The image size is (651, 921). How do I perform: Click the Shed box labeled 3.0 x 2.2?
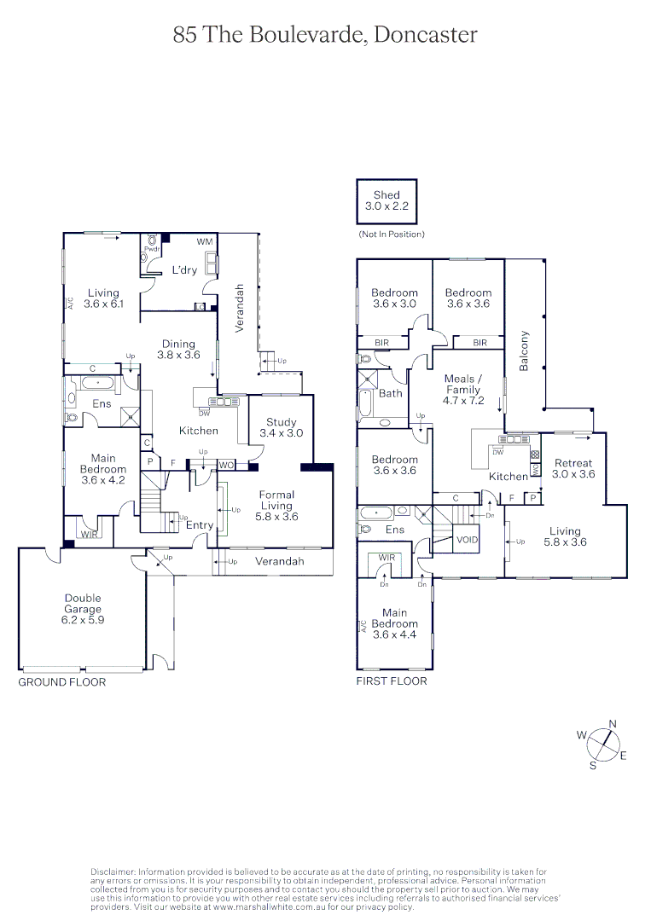(x=387, y=201)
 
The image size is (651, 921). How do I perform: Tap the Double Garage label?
(x=82, y=604)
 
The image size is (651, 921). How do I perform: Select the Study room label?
(x=281, y=427)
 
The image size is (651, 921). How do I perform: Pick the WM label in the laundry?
(x=204, y=242)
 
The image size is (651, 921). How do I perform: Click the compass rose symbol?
(x=603, y=744)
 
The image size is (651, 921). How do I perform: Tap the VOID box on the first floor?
(x=468, y=540)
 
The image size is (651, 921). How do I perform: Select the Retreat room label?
(x=573, y=468)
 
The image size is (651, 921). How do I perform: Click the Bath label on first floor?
(x=391, y=393)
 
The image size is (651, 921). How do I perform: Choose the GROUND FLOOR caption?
(x=62, y=682)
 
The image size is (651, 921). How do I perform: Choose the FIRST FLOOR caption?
(x=392, y=681)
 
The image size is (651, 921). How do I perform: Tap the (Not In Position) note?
(x=391, y=234)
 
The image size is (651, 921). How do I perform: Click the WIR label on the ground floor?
(x=89, y=534)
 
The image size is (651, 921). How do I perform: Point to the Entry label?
(x=200, y=525)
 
